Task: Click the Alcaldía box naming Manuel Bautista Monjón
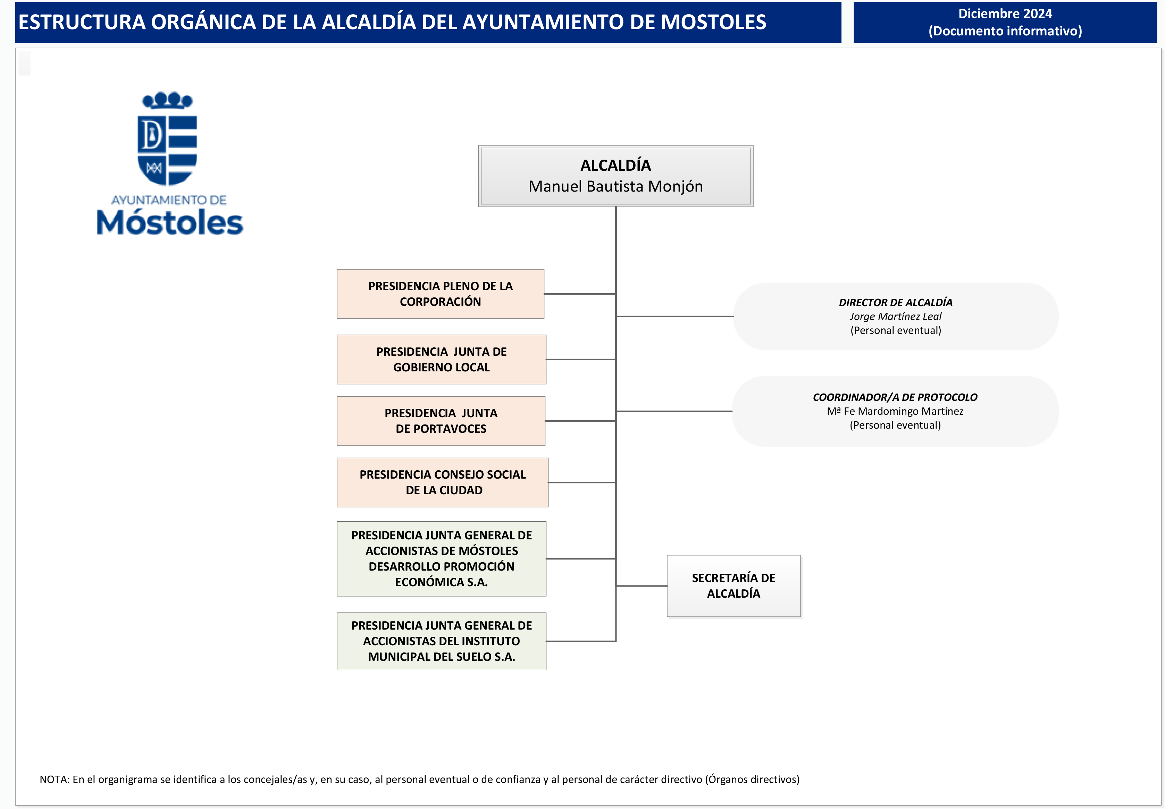(615, 176)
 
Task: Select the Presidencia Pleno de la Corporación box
(440, 294)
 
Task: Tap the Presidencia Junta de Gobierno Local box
(441, 360)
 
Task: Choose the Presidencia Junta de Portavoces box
(441, 421)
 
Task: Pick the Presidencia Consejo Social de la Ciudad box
(442, 482)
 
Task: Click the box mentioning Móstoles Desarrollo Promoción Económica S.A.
(441, 559)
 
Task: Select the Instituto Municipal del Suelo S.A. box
(441, 641)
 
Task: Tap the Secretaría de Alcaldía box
(733, 586)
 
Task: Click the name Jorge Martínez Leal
(895, 316)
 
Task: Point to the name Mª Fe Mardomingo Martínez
(895, 411)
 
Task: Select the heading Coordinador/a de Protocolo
(895, 397)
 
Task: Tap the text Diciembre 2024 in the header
(1005, 14)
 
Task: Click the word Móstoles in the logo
(170, 223)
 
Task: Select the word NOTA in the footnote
(54, 779)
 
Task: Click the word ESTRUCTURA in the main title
(82, 22)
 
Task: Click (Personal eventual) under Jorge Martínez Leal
(895, 330)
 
